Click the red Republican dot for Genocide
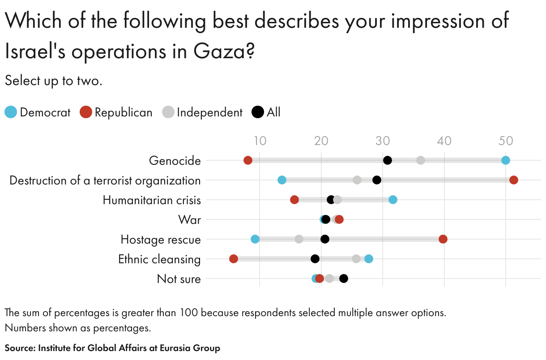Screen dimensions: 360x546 click(248, 160)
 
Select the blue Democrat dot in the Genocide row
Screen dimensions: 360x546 click(506, 160)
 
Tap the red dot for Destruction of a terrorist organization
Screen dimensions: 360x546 click(514, 180)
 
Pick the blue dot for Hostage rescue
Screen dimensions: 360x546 click(255, 239)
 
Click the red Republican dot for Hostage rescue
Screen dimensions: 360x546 click(443, 239)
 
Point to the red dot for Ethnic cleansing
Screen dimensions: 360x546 click(234, 259)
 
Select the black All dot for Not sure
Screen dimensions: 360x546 click(344, 279)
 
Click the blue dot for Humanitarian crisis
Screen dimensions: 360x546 click(393, 200)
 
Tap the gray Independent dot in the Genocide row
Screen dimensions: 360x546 click(421, 160)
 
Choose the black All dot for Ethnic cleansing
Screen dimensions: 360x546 click(315, 259)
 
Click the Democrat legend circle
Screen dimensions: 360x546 click(11, 112)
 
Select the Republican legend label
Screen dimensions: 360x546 click(124, 112)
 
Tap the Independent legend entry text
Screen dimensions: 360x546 click(209, 112)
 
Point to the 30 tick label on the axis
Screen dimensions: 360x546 click(383, 141)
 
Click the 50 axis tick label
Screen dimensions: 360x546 click(506, 141)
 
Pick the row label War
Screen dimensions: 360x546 click(189, 220)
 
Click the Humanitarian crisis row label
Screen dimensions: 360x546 click(152, 200)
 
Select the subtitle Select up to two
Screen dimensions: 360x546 click(54, 81)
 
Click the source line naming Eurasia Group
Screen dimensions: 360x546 click(112, 348)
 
